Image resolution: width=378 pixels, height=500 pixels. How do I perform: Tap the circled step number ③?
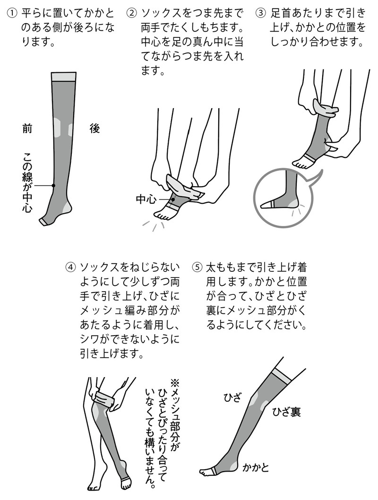click(261, 11)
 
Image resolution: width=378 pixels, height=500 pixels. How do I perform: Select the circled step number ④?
click(70, 266)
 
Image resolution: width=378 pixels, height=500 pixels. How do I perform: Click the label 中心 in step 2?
click(146, 199)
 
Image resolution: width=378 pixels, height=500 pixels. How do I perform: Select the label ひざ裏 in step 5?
click(286, 412)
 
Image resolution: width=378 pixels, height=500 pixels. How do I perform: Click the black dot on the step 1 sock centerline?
click(53, 186)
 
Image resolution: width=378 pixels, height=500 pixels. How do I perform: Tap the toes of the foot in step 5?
click(205, 472)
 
